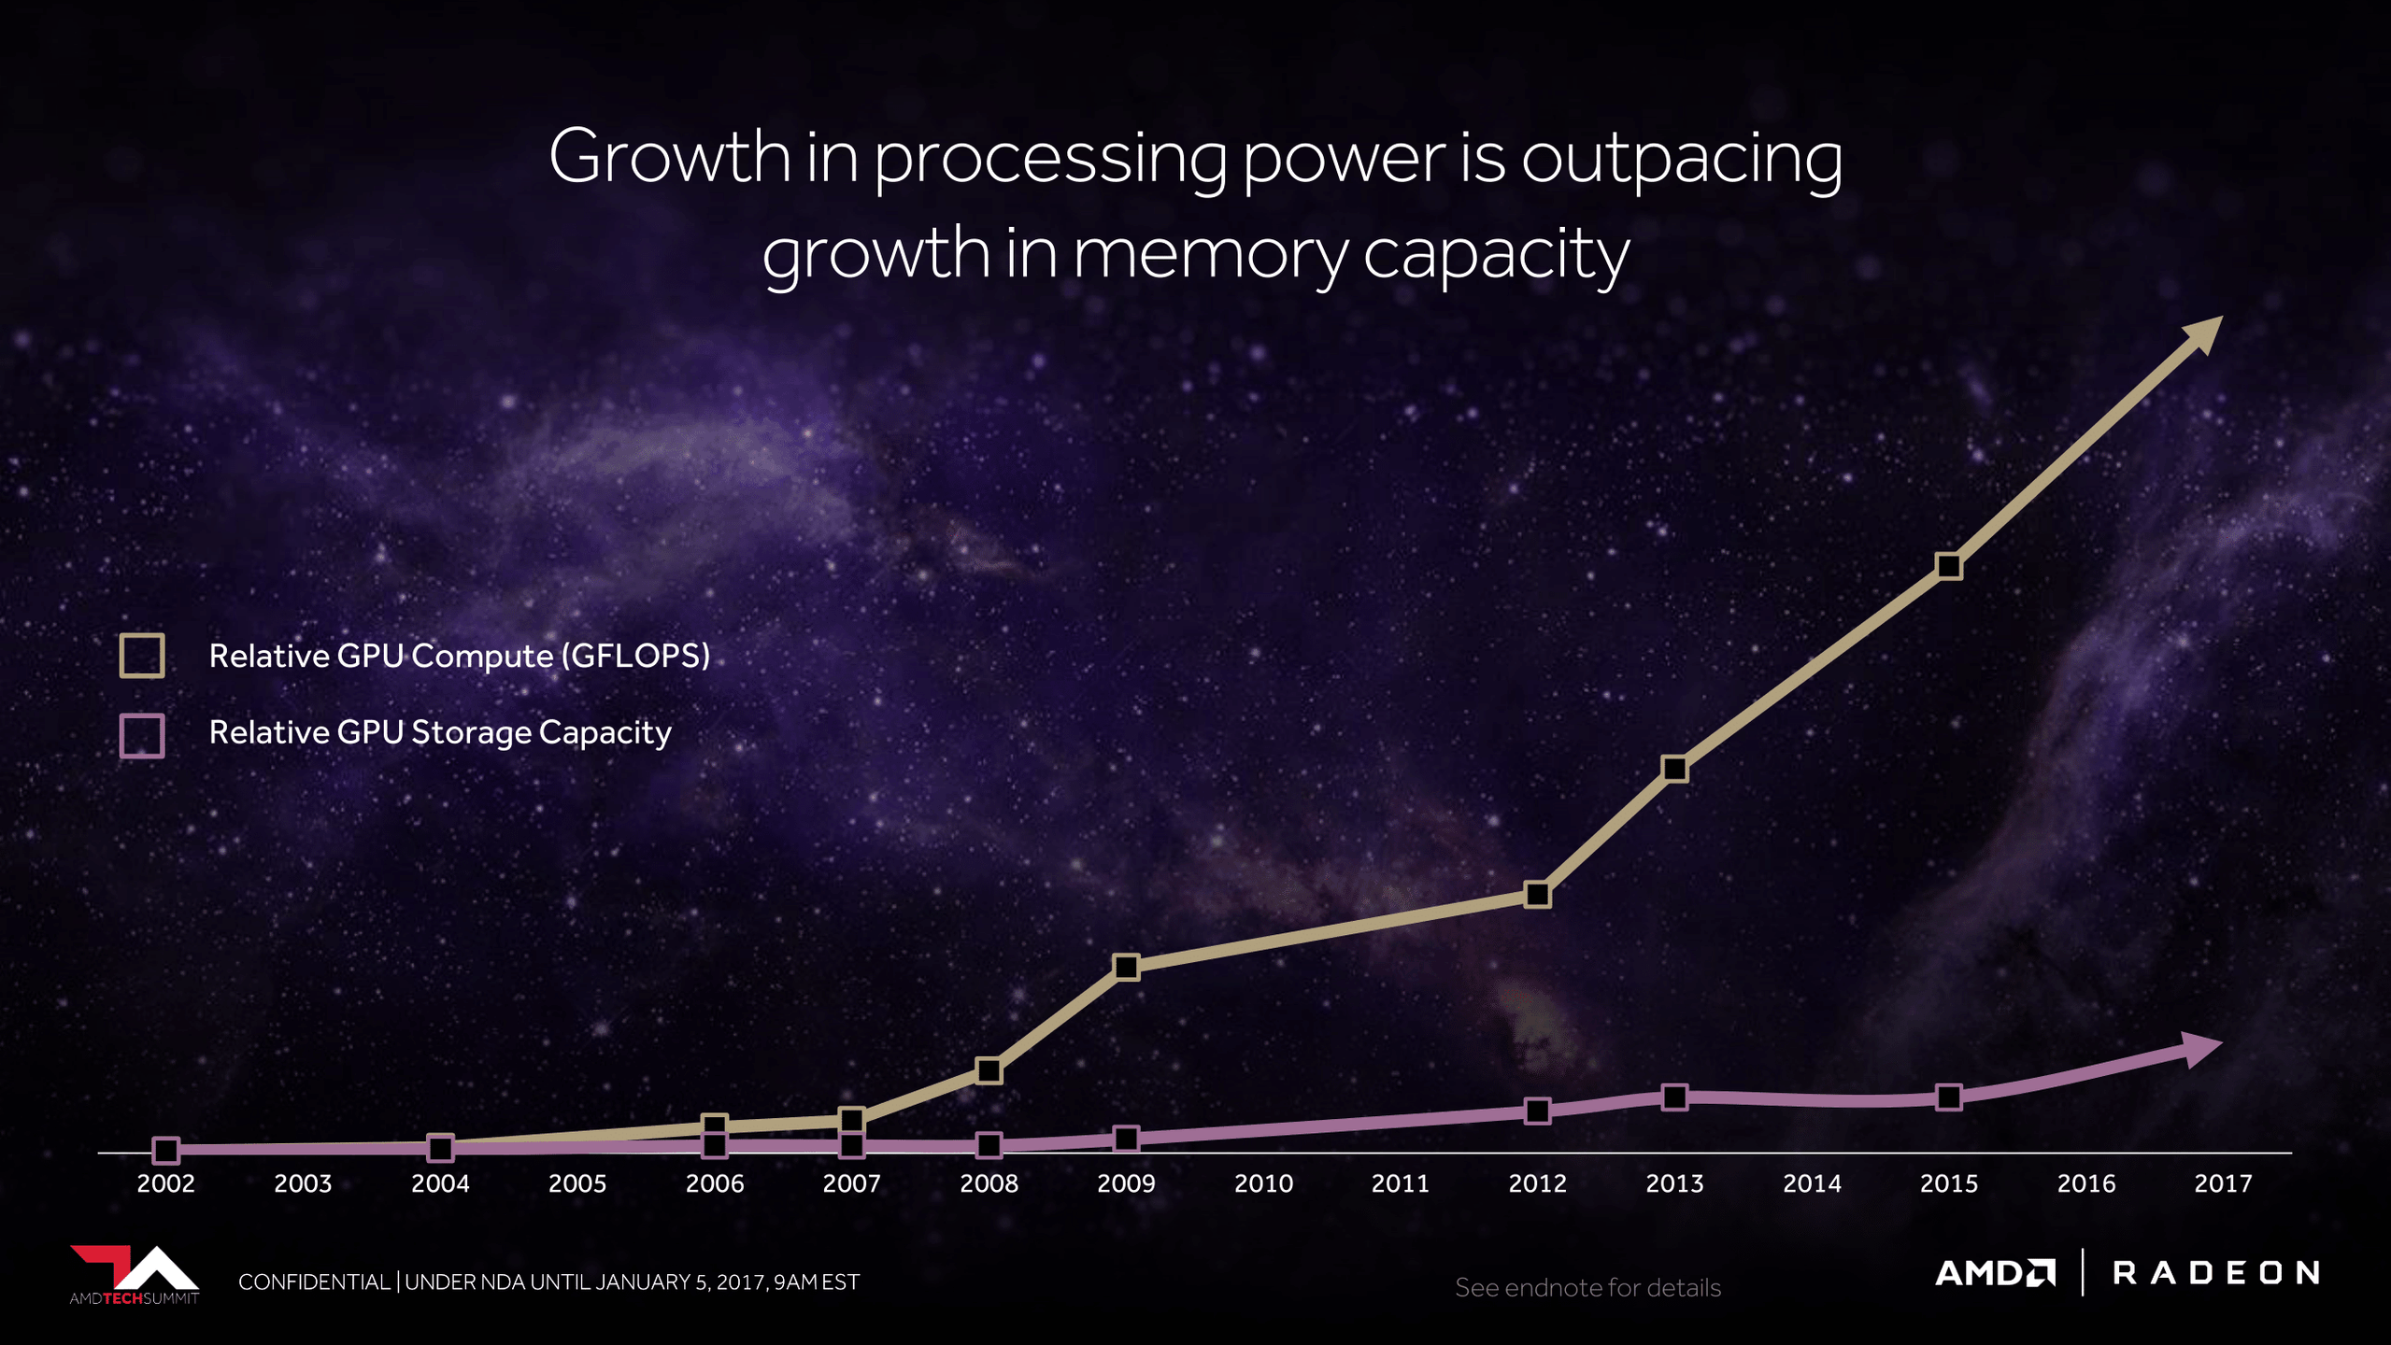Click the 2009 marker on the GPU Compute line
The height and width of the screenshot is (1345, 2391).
point(1126,967)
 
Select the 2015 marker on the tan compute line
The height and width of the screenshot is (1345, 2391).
point(1948,566)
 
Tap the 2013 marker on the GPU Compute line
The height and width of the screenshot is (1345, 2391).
point(1674,769)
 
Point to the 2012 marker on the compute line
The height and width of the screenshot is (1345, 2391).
point(1537,895)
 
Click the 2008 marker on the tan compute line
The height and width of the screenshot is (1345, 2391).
point(989,1070)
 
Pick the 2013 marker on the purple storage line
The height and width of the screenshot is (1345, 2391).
point(1674,1097)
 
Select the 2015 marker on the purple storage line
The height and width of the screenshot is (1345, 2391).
point(1948,1097)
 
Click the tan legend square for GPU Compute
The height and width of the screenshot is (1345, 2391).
point(142,655)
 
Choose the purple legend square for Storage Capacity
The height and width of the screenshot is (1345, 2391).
point(142,735)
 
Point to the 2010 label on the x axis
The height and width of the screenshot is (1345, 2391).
point(1263,1183)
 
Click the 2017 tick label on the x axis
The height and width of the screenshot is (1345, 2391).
point(2223,1183)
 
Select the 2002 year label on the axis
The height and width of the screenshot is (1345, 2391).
point(166,1183)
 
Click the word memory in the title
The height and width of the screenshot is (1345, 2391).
point(1210,254)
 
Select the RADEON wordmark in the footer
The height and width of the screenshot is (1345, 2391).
point(2215,1273)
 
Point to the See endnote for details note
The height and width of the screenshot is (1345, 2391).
point(1587,1288)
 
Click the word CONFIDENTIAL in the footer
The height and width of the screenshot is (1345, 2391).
point(314,1282)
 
